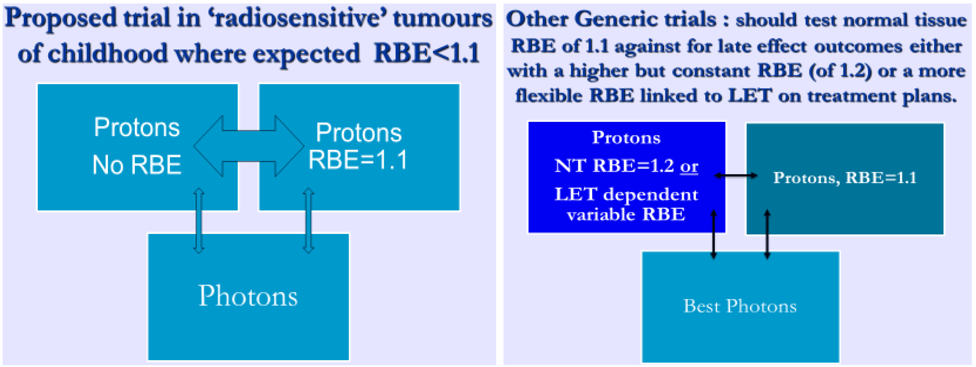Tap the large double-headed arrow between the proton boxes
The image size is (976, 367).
point(249,146)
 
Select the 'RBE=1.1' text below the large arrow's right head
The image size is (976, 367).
point(358,160)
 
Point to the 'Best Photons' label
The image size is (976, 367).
point(740,306)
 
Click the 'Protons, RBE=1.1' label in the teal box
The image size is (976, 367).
point(845,177)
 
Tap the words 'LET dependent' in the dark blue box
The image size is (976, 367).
point(626,195)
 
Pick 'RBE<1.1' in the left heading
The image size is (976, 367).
point(427,53)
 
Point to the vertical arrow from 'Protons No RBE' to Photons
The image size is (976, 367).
point(199,221)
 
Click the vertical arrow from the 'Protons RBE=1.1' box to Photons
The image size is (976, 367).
point(308,221)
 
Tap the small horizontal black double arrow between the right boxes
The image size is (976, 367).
point(736,176)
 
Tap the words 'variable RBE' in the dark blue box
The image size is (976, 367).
point(626,215)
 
